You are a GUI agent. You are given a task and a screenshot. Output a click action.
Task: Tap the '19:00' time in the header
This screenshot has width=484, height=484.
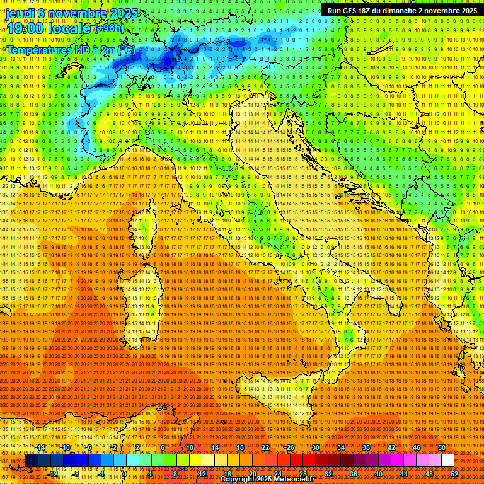(x=23, y=28)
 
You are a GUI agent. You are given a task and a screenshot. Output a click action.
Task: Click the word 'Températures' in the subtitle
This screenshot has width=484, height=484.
(x=37, y=50)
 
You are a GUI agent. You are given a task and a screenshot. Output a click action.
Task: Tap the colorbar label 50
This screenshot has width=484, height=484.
(x=442, y=447)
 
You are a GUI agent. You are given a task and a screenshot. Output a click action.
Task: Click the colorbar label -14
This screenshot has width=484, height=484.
(x=40, y=447)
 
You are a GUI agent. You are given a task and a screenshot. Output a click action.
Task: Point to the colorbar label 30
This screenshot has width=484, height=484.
(x=316, y=447)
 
